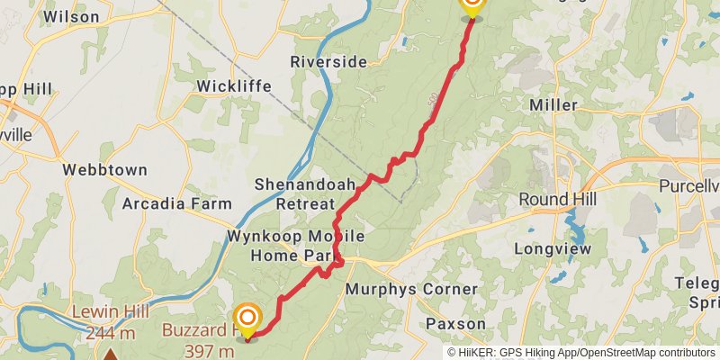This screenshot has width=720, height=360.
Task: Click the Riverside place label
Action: tap(328, 62)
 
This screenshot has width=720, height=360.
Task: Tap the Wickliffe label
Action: tap(235, 86)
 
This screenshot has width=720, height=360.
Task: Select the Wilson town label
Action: tap(71, 16)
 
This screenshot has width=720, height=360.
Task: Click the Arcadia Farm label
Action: tap(177, 203)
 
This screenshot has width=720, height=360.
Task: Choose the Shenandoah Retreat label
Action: tap(293, 193)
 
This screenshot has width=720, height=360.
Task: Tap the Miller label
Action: tap(553, 105)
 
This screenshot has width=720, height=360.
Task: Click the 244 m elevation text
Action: tap(110, 334)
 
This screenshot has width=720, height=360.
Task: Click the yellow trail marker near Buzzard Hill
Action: tap(247, 319)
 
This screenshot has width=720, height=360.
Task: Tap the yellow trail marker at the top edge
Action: tap(471, 5)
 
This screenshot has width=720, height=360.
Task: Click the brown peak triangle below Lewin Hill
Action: tap(110, 355)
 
